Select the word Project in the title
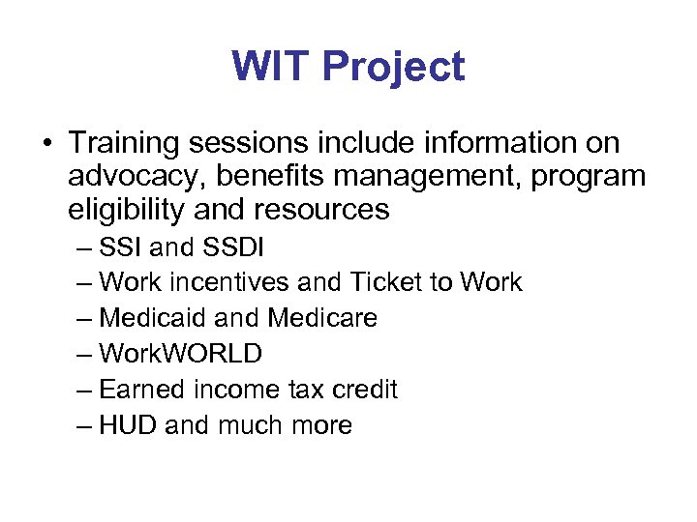point(393,68)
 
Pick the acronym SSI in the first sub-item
point(122,248)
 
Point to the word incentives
point(222,283)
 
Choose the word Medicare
point(322,318)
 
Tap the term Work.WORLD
point(180,354)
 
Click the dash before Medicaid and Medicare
point(85,318)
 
